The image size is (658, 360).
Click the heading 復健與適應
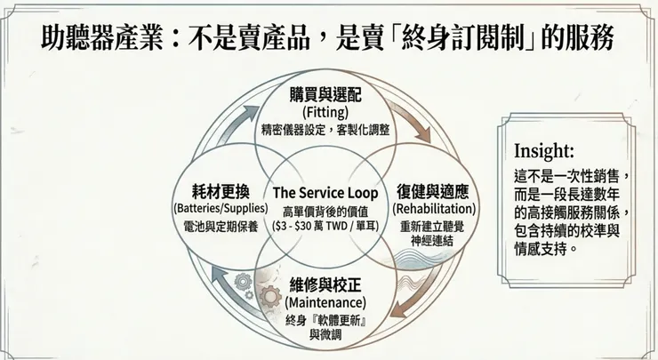[434, 192]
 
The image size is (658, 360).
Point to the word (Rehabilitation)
[434, 209]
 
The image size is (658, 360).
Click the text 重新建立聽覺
[434, 226]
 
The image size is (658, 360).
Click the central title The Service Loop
[325, 193]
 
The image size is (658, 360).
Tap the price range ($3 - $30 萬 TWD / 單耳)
[325, 227]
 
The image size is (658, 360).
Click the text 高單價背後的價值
[325, 211]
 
